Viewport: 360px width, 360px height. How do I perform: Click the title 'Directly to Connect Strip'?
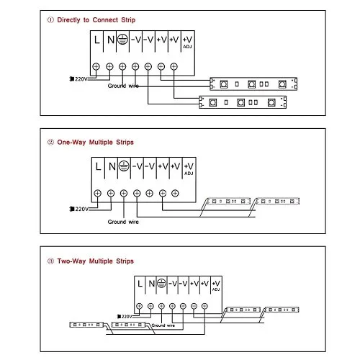click(x=96, y=20)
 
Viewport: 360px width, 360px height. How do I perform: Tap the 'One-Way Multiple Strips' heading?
click(x=95, y=143)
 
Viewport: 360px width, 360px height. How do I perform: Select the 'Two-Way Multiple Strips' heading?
click(x=95, y=261)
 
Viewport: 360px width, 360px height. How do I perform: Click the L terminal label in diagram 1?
click(x=96, y=40)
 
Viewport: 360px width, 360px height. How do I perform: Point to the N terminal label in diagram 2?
click(x=112, y=166)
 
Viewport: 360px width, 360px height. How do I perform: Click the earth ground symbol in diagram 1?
click(x=122, y=39)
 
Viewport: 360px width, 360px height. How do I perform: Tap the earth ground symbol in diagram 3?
click(x=161, y=283)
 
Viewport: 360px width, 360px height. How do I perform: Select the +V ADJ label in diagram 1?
click(x=187, y=42)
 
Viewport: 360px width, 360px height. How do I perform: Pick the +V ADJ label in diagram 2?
click(x=189, y=169)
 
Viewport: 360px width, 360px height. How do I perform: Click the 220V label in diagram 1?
click(x=78, y=79)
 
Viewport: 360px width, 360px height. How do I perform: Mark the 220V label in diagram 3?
click(x=125, y=317)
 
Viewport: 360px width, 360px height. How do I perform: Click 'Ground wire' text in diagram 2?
click(x=123, y=222)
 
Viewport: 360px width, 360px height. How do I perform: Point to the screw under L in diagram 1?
click(x=96, y=66)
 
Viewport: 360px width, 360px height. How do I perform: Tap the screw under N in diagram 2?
click(x=111, y=193)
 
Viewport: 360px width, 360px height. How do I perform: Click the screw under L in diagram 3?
click(x=139, y=306)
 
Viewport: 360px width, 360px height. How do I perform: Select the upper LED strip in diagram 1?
click(x=253, y=84)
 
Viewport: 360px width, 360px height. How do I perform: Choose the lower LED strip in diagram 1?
click(x=243, y=102)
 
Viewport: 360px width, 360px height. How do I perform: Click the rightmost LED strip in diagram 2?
click(x=277, y=201)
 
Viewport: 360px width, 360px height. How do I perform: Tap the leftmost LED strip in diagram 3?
click(x=86, y=325)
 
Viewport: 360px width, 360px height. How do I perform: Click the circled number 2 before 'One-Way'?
click(x=50, y=143)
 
